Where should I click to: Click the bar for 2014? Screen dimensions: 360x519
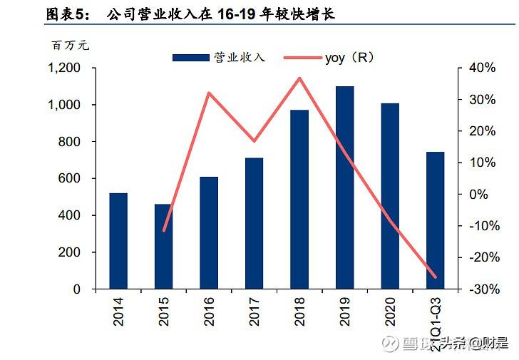[118, 241]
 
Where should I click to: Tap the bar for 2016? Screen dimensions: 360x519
[209, 233]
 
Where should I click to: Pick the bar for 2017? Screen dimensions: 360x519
[254, 224]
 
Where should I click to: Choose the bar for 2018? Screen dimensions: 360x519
[299, 200]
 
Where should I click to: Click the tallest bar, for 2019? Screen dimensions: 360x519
[344, 187]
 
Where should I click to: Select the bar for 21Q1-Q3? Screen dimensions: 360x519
[435, 220]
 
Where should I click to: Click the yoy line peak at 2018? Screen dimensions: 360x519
[299, 78]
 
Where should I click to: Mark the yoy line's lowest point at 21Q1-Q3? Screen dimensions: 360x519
[435, 277]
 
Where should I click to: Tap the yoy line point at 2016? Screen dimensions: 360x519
[209, 93]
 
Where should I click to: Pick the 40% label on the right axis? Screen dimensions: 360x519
[481, 68]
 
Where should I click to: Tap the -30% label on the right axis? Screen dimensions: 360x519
[479, 289]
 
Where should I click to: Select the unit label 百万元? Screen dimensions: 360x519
[71, 46]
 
